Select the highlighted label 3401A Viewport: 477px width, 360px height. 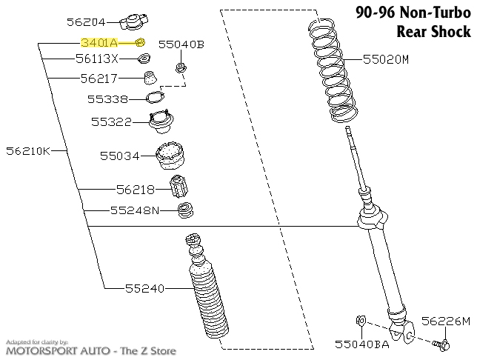[99, 44]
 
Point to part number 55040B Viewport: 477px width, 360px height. [181, 44]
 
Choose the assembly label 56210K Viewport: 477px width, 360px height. [27, 151]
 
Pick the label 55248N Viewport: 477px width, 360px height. [135, 210]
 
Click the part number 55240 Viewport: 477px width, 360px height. [144, 287]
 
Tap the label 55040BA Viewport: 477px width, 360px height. [361, 344]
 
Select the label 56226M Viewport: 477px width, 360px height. [446, 321]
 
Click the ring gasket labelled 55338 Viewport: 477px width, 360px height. [153, 98]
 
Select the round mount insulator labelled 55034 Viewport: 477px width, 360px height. [170, 156]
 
